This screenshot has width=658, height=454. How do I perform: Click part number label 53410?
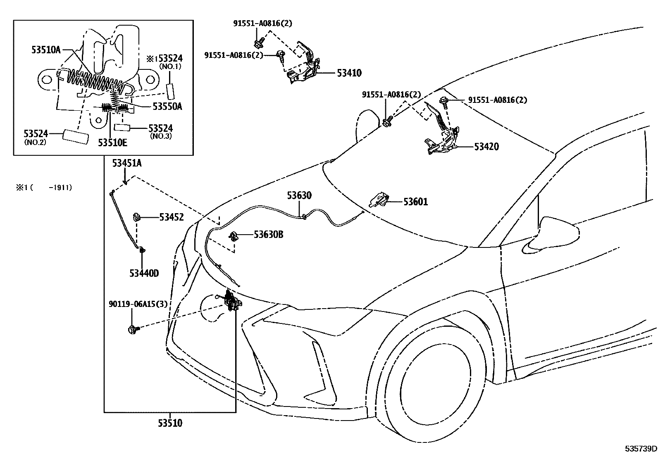click(x=349, y=73)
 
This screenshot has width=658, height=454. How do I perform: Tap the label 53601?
click(x=415, y=202)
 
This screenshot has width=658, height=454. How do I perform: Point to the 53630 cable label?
click(x=300, y=195)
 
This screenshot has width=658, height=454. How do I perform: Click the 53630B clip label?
click(x=268, y=235)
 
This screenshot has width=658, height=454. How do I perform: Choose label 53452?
click(x=171, y=217)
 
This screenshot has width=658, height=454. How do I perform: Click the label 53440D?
click(x=144, y=273)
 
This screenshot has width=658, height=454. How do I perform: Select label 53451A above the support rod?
click(x=127, y=164)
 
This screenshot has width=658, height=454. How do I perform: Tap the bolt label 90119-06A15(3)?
click(x=138, y=304)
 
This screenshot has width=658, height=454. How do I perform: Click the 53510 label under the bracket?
click(x=169, y=423)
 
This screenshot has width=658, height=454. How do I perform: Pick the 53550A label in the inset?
click(x=167, y=106)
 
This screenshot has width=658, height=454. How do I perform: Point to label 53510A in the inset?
click(x=46, y=50)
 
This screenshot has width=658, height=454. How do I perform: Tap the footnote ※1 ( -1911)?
click(x=44, y=188)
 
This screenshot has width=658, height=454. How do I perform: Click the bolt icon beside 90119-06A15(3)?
click(x=133, y=329)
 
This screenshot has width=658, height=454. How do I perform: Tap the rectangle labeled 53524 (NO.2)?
click(x=76, y=137)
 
